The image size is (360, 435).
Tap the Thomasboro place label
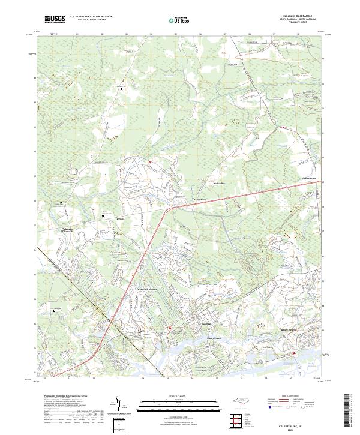tap(199, 200)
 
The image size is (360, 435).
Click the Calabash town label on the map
tap(205, 323)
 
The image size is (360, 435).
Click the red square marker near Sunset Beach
tap(293, 353)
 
